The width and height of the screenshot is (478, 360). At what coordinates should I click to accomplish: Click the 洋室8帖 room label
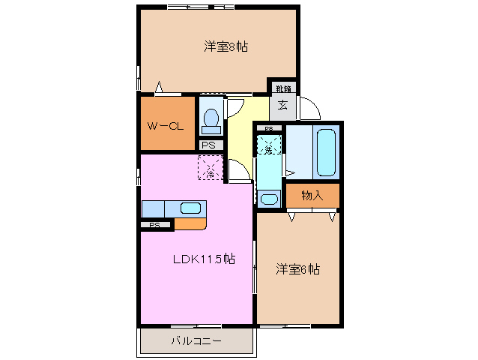click(x=226, y=46)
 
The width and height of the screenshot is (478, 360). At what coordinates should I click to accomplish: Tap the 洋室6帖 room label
click(x=297, y=269)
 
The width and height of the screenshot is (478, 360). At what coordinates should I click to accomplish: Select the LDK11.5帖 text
click(x=205, y=259)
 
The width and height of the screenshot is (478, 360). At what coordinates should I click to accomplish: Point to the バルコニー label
click(x=196, y=341)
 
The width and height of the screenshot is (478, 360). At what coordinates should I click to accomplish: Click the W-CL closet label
click(x=165, y=125)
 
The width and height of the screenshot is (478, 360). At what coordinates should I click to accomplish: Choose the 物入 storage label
click(x=312, y=196)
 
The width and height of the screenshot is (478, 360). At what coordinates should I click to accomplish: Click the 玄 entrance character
click(x=283, y=104)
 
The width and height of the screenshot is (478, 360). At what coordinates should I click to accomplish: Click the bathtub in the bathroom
click(x=327, y=151)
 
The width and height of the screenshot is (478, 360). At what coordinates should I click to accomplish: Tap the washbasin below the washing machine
click(x=269, y=199)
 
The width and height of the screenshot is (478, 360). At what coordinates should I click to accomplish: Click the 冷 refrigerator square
click(x=211, y=167)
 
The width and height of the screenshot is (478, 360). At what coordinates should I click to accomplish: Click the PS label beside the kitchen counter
click(x=155, y=225)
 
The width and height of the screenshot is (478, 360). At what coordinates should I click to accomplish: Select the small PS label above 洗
click(x=268, y=129)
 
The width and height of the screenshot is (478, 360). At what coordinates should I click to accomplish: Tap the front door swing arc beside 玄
click(x=310, y=110)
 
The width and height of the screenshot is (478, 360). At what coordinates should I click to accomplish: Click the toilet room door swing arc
click(x=233, y=107)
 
